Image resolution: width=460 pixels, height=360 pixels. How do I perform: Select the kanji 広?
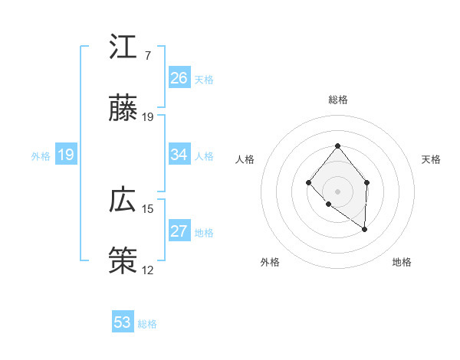pos(123,200)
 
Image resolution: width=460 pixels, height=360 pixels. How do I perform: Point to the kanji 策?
pos(123,261)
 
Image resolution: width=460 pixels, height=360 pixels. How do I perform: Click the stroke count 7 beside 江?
pos(147,56)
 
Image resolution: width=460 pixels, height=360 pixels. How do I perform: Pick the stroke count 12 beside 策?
pos(148,270)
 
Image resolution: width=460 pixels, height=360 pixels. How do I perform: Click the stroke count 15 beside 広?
pos(148,208)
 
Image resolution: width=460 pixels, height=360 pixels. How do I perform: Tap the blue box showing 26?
pos(179,78)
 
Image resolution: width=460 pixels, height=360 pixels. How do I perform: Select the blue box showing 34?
pos(179,155)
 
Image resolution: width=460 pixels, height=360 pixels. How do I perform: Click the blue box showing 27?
pos(179,231)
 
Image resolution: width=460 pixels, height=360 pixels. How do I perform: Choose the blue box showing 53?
pos(123,322)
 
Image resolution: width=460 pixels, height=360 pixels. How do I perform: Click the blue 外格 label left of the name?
pos(41,156)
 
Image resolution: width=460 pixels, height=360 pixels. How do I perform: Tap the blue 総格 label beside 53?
pos(147,324)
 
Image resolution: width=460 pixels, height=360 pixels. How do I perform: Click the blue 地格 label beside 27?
pos(204,233)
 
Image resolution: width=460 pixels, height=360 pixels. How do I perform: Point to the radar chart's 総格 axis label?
pos(337,100)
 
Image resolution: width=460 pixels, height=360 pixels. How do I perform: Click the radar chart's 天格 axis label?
pos(432,159)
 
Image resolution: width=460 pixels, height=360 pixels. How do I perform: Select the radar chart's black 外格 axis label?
pos(270,262)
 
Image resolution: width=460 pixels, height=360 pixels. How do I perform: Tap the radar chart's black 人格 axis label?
pos(245,159)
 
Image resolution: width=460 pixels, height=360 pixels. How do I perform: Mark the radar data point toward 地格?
pos(365,229)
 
